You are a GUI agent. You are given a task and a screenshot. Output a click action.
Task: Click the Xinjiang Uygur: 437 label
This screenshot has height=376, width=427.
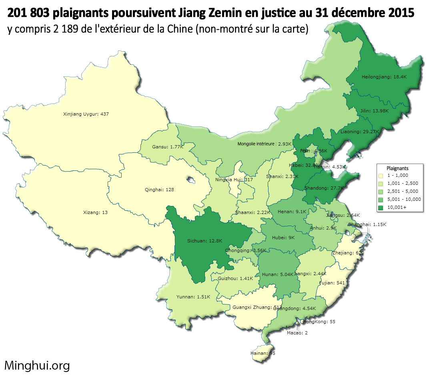click(x=86, y=114)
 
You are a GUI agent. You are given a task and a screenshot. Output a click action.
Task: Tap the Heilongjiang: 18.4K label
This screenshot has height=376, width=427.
click(x=384, y=77)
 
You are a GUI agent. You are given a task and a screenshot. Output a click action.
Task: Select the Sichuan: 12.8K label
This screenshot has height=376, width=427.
click(x=204, y=241)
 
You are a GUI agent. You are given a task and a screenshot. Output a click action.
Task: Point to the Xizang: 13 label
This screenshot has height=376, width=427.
click(x=95, y=212)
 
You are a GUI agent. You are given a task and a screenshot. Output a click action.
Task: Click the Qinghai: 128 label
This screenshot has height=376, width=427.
click(x=159, y=190)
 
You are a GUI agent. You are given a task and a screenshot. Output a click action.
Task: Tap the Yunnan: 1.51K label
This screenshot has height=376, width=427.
click(x=193, y=297)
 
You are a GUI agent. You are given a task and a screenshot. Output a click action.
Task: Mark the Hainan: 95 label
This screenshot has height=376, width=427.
click(x=263, y=353)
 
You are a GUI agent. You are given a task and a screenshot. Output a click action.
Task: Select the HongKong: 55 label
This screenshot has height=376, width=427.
click(x=319, y=322)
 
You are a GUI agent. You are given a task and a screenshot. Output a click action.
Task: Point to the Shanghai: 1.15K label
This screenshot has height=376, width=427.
click(x=367, y=224)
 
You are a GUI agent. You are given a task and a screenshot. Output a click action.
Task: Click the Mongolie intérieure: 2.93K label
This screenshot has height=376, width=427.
click(x=264, y=144)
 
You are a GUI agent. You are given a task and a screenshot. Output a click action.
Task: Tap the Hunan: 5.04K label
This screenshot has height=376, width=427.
click(x=278, y=274)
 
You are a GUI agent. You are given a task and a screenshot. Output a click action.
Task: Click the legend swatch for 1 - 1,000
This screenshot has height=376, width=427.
click(x=381, y=176)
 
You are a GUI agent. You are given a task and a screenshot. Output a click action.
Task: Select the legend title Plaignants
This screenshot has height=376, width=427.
click(x=397, y=168)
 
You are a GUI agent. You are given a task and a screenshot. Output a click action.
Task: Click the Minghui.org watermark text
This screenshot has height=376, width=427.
click(x=37, y=365)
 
